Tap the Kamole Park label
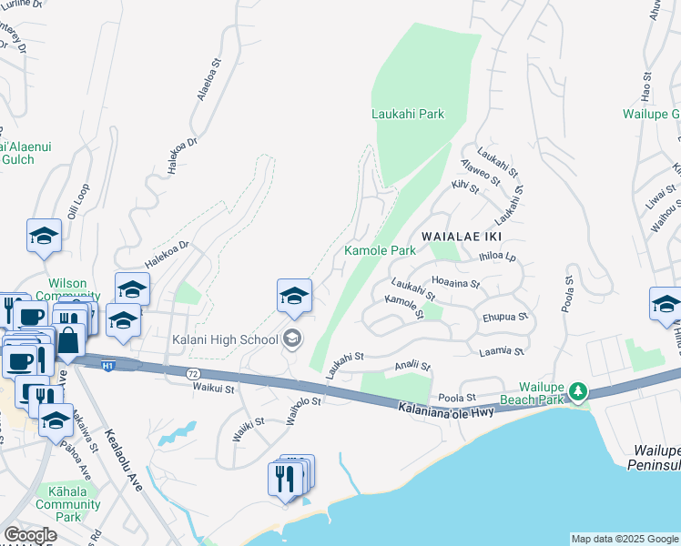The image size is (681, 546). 379,250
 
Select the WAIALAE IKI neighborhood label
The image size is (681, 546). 454,250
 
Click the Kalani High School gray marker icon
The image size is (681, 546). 292,339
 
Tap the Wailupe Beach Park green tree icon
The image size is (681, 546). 576,391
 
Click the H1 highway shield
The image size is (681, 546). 107,366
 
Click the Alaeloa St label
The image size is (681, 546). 205,86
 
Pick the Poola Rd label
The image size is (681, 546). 567,293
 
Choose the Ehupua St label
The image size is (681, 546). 506,318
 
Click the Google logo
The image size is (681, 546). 30,535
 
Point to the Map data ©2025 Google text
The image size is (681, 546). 624,539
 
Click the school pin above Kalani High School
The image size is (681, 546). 294,297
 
